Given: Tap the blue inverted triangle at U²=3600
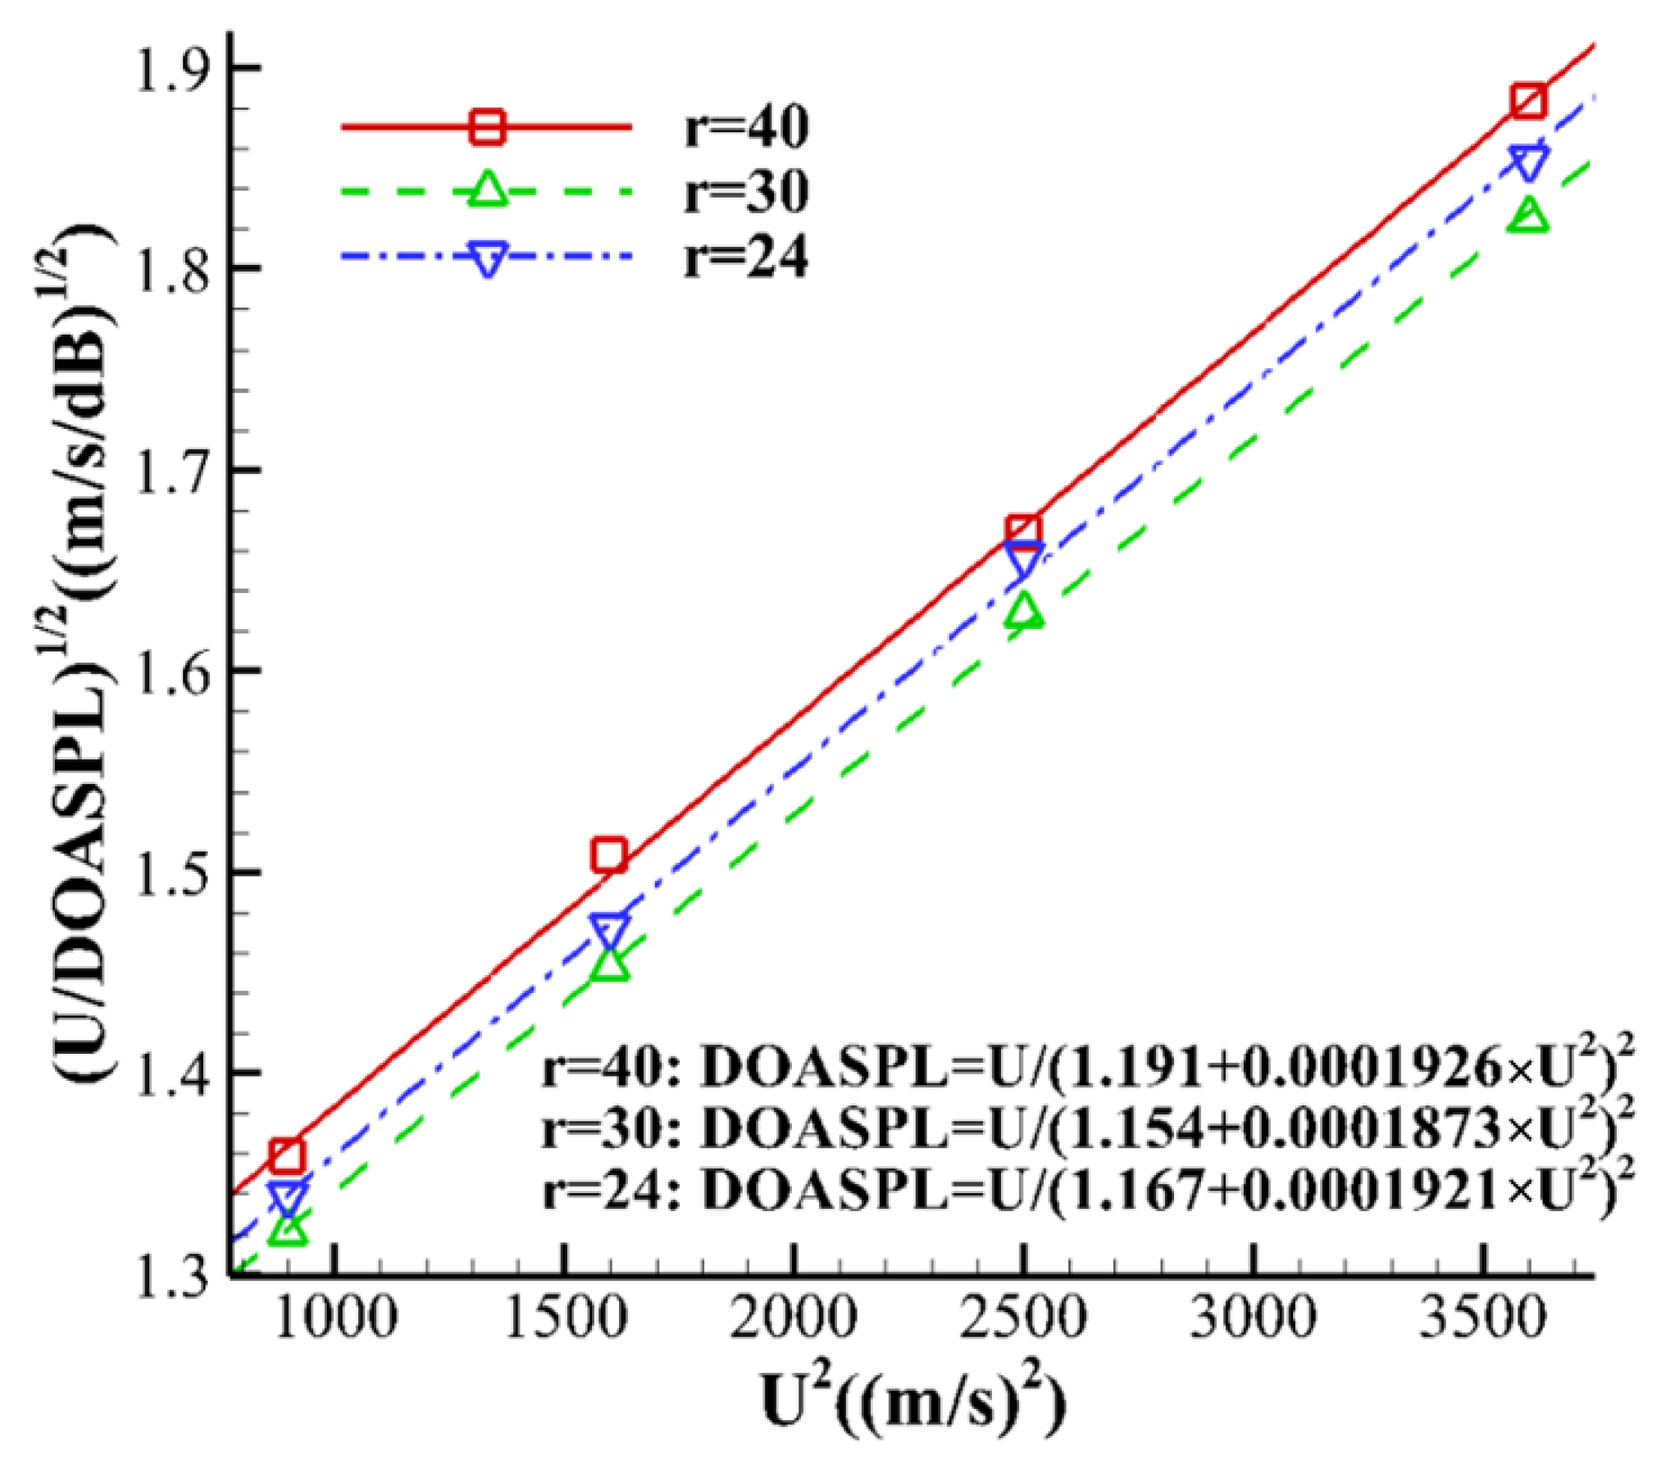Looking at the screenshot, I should pos(1528,162).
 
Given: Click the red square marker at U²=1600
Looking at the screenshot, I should pos(609,855).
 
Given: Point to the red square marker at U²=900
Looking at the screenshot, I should pos(288,1155).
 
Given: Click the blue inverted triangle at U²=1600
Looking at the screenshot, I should pos(609,932).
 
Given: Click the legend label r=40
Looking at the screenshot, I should pos(746,127).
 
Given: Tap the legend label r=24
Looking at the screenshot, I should pos(746,257).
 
